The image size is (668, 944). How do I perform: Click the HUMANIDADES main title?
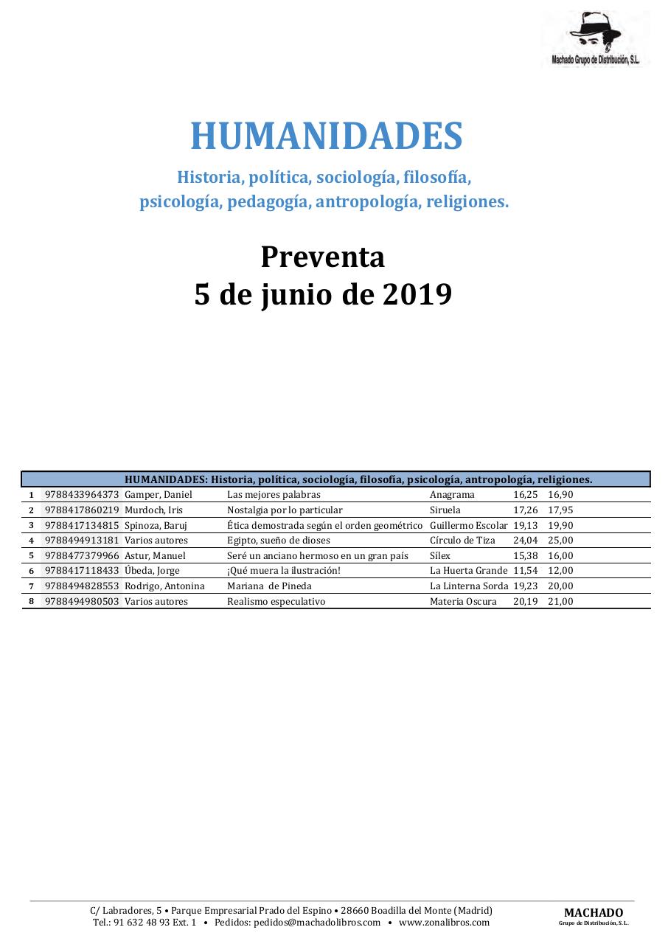coord(327,136)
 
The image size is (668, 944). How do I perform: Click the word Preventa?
coord(322,257)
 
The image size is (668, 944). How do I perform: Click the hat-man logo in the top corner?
coord(594,37)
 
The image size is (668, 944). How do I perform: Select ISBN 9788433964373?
coord(82,495)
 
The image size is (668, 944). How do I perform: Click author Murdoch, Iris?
coord(153,510)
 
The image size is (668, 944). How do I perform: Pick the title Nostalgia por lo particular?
coord(285,510)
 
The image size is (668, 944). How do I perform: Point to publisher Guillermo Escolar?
coord(468,526)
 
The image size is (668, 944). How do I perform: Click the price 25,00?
coord(560,541)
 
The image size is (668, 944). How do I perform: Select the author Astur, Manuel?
coord(155,556)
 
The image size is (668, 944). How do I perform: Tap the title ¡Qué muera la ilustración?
coord(284,571)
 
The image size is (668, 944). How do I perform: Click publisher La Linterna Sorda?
coord(468,586)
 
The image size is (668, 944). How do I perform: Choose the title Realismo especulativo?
coord(276,602)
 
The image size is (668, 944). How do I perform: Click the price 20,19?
coord(525,602)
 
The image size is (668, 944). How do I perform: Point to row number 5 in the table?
coord(32,556)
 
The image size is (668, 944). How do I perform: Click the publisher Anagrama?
coord(452,495)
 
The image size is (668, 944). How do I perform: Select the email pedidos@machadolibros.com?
coord(317,923)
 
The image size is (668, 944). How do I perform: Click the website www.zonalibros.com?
coord(444,923)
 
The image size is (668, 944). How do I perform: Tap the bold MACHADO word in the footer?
coord(594,913)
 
